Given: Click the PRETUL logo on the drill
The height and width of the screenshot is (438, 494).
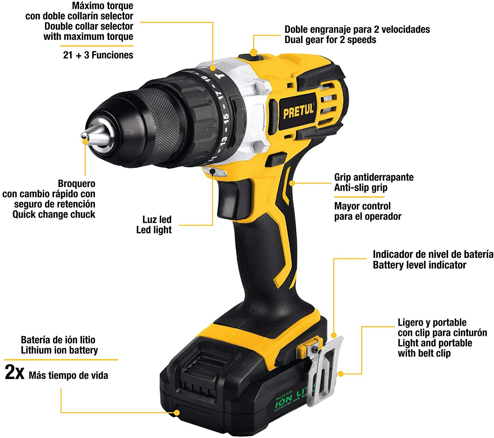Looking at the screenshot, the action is pos(298,111).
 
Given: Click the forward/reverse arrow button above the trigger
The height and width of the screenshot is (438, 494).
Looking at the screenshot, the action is pos(277,160).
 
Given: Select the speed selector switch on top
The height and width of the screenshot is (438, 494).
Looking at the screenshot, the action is pos(251,58).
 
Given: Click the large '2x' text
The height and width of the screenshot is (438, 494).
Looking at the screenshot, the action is pos(14,372).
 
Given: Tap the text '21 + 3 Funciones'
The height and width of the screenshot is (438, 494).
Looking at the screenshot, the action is pos(98,55).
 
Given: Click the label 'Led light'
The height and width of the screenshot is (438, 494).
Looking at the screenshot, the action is pos(154,230).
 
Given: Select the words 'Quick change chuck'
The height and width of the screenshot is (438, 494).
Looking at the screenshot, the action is pos(54,214).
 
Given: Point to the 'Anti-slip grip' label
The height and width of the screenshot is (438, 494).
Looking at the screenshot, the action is pos(361,188).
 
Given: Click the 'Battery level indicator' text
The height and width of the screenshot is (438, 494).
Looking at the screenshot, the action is pos(420,265).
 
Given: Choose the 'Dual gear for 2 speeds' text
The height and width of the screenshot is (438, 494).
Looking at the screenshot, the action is pos(330,40).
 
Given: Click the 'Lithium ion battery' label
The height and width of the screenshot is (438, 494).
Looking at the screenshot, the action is pos(59,350).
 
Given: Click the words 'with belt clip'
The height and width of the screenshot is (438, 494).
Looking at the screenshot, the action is pos(424,353).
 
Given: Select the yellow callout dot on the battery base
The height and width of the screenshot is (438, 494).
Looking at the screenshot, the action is pos(177,412).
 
